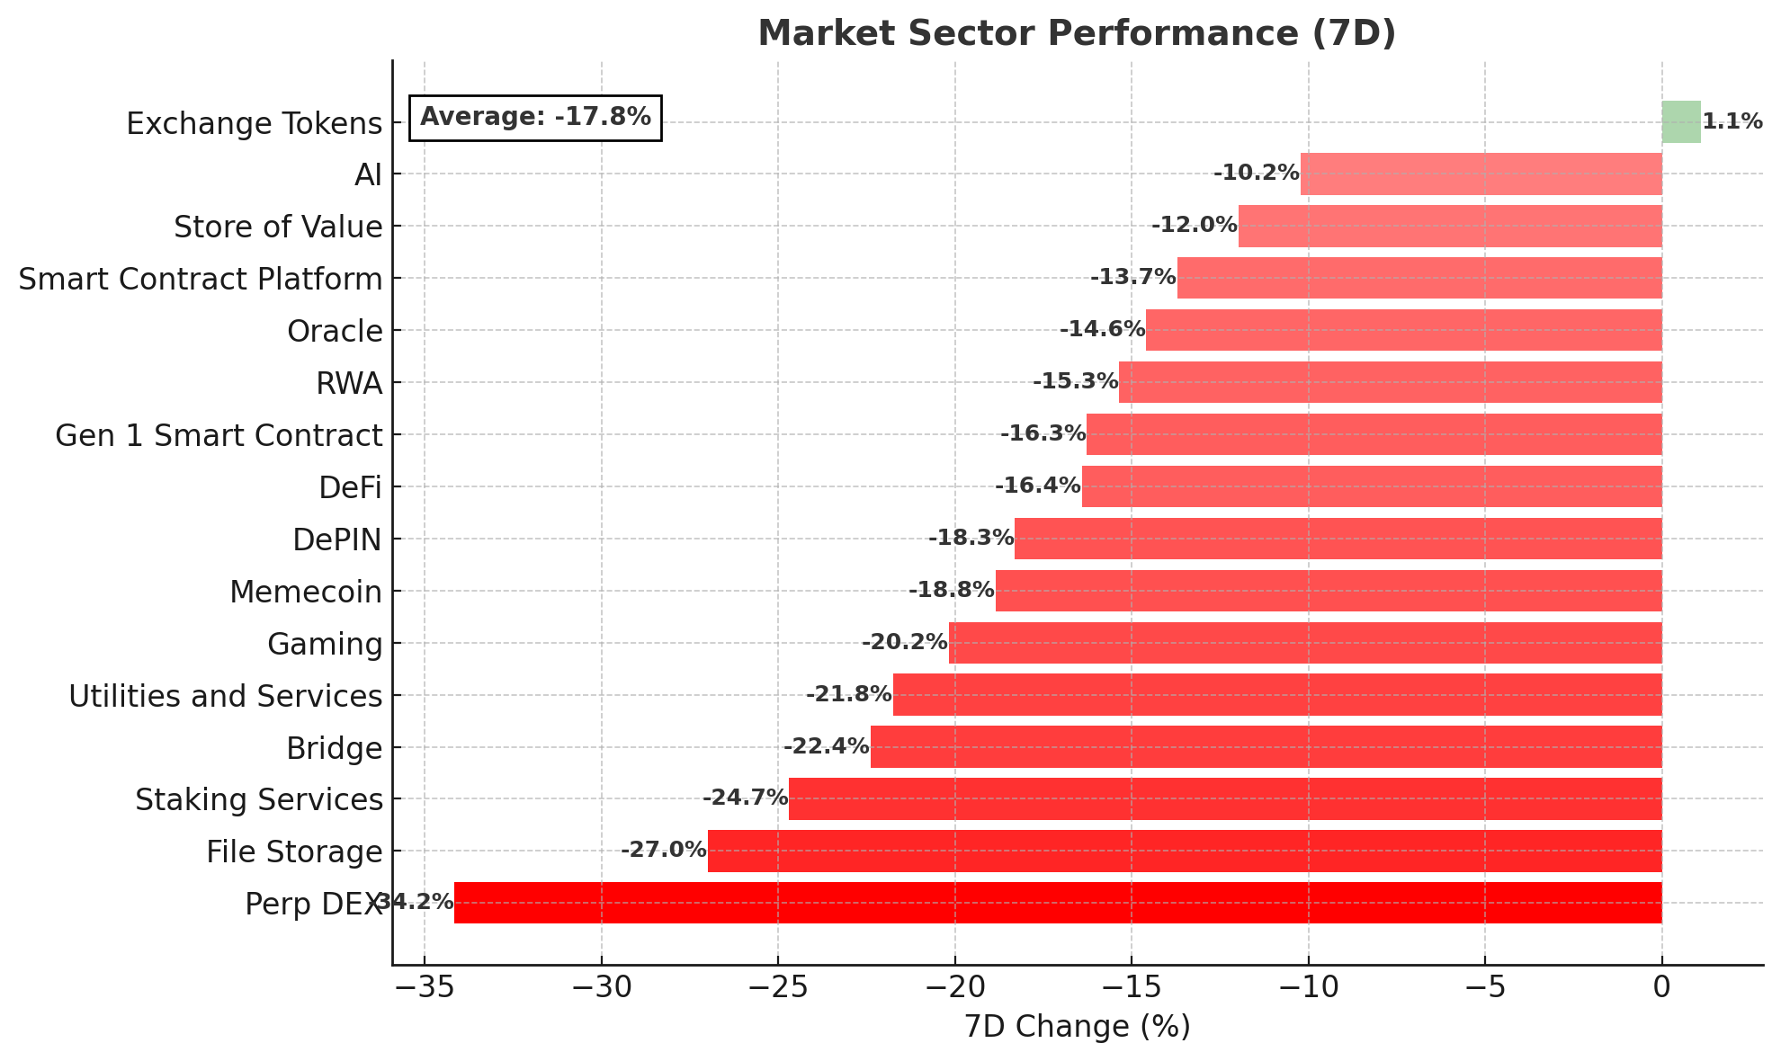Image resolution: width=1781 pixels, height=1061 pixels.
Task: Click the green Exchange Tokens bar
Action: pos(1680,122)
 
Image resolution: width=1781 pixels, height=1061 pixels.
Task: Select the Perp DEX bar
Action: pos(1057,903)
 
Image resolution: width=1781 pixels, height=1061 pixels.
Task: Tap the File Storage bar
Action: pos(1184,851)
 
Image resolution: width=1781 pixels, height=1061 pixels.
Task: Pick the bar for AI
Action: pos(1481,174)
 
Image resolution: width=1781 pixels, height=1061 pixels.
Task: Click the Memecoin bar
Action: pos(1328,591)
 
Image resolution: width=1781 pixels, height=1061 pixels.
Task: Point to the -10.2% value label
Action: pos(1256,173)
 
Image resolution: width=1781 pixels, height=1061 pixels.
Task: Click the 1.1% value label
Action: pos(1732,122)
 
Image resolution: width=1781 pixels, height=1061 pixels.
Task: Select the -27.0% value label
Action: pos(664,850)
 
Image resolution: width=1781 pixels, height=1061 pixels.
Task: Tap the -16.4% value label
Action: pos(1037,486)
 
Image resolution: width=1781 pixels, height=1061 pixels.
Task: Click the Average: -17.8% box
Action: pos(535,118)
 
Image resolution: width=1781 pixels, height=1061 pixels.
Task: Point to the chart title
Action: pos(1077,33)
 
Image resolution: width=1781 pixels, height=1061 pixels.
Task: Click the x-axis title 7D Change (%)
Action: pos(1077,1027)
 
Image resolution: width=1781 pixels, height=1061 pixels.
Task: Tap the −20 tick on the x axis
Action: pos(953,987)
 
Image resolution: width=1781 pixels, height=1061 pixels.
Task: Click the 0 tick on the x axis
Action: pos(1661,987)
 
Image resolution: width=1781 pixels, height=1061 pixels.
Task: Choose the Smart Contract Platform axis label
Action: pos(201,280)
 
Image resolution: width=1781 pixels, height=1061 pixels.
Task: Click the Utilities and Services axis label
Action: pos(226,696)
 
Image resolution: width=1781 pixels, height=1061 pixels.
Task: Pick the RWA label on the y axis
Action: pos(349,384)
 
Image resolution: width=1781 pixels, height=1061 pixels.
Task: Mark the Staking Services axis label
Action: pos(259,799)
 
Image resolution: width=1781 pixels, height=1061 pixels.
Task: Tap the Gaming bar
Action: pos(1304,643)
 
